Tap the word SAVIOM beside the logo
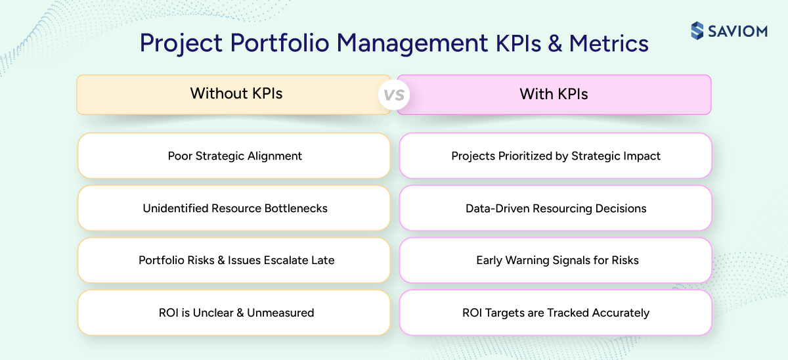click(737, 31)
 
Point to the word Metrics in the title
click(609, 44)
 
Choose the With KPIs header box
click(554, 94)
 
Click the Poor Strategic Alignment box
click(234, 156)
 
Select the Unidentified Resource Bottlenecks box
click(234, 208)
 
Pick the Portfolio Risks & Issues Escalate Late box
click(234, 260)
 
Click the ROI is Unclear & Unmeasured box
click(234, 313)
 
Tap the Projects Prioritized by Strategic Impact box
click(556, 156)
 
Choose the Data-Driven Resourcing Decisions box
click(556, 208)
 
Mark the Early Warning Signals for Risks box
click(556, 260)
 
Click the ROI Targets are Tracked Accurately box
click(556, 313)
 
